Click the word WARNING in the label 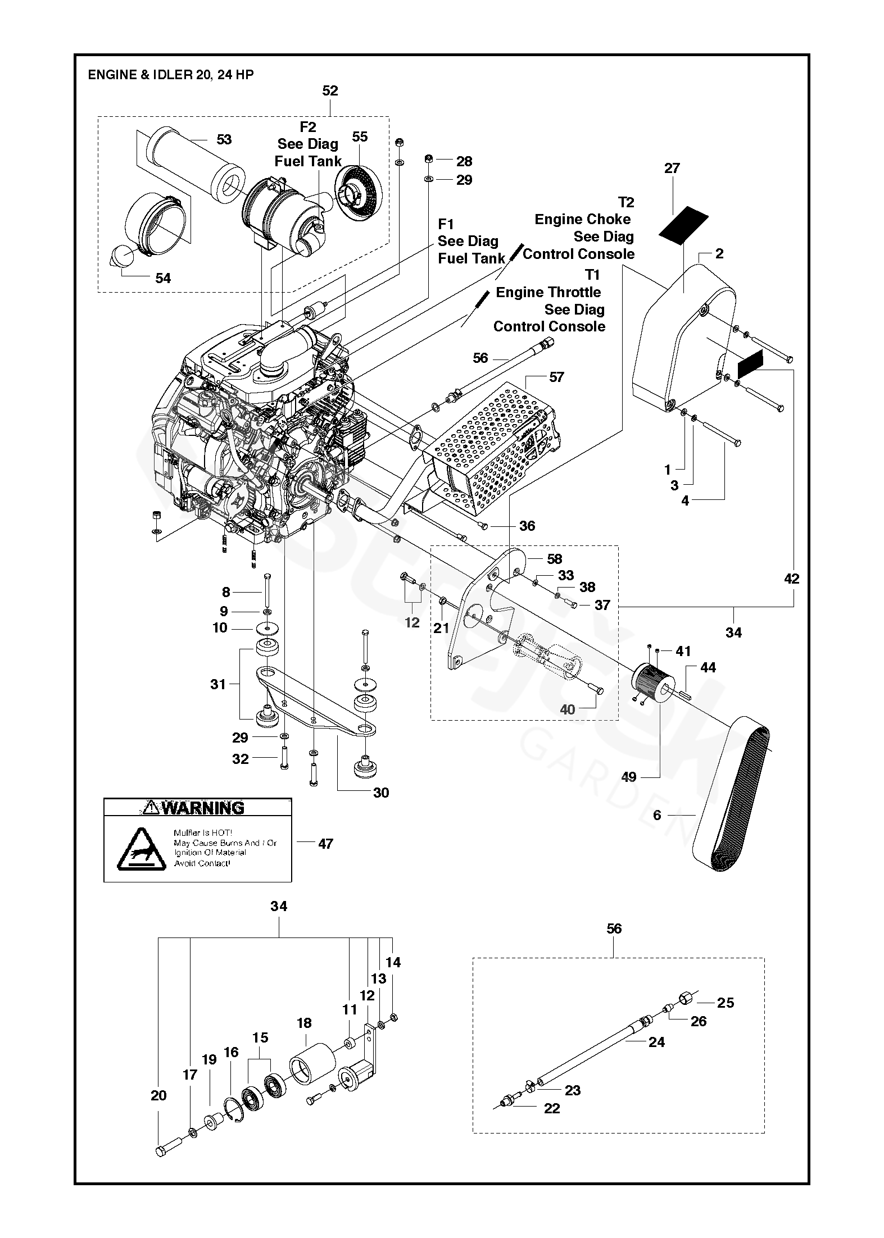pos(203,808)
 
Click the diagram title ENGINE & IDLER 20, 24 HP pos(170,75)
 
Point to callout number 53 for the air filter pos(224,139)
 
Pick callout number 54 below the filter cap pos(162,278)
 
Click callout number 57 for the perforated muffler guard pos(556,377)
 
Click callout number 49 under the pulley pos(628,777)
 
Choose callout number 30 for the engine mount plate pos(380,793)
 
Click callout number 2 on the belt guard pos(719,254)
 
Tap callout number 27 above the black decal pos(672,168)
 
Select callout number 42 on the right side pos(791,578)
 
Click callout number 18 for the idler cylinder pos(304,1023)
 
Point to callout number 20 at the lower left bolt pos(158,1095)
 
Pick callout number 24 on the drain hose pos(656,1042)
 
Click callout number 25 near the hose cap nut pos(726,1003)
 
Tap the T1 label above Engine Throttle pos(592,275)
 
